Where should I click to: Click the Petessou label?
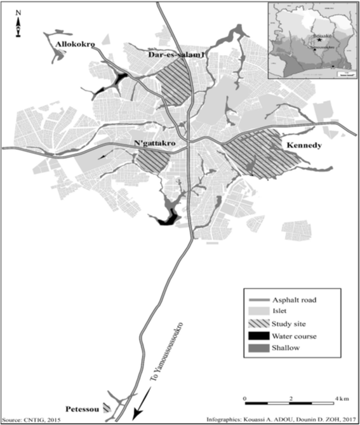[83, 407]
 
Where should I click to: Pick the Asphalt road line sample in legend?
[258, 298]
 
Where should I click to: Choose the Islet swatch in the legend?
[258, 311]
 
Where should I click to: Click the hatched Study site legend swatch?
[258, 323]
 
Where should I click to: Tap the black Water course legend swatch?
[258, 336]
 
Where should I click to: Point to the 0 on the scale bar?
[245, 398]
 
